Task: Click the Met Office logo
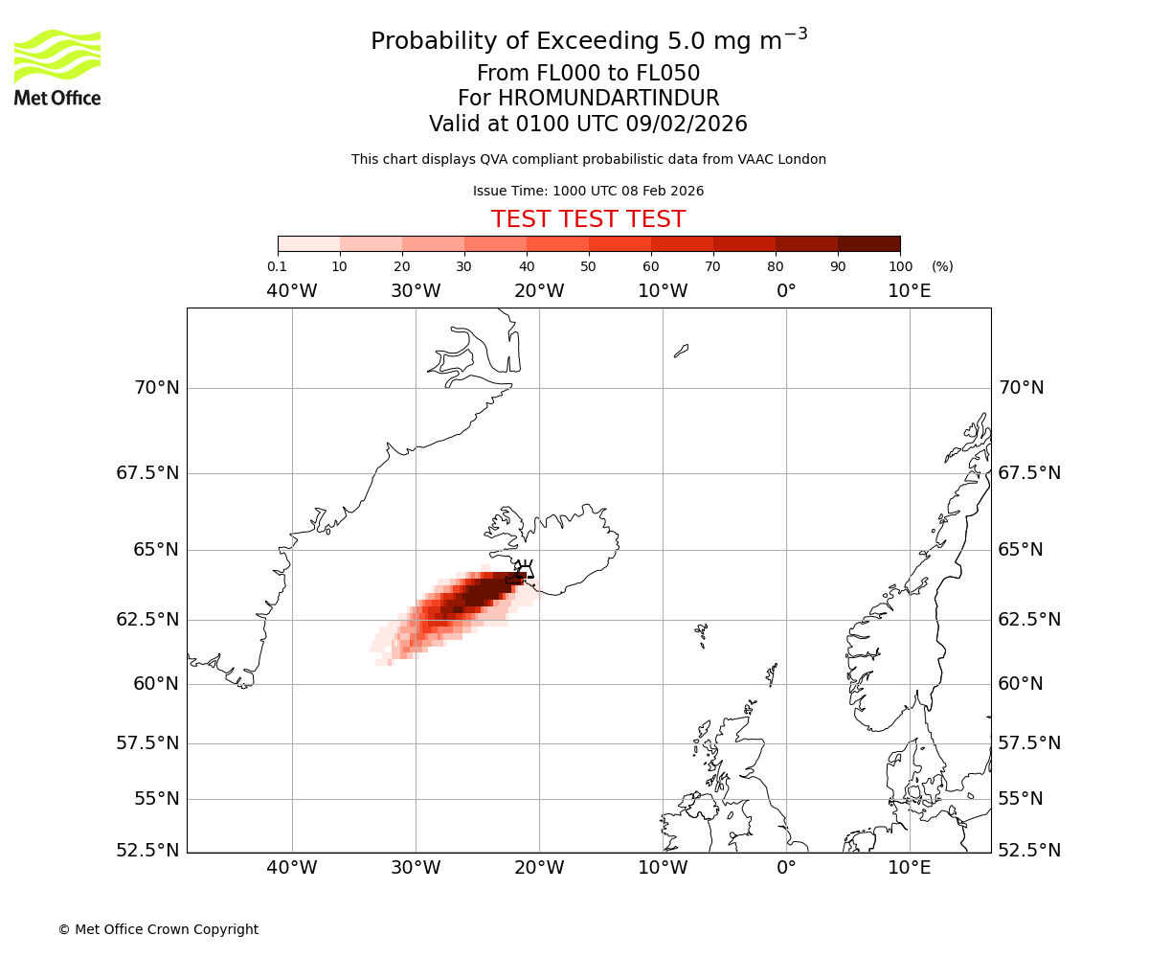click(x=57, y=67)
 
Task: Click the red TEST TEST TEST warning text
click(x=588, y=219)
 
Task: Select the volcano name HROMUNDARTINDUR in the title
click(x=608, y=99)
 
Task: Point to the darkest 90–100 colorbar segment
click(x=868, y=243)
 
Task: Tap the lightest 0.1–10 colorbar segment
click(x=308, y=243)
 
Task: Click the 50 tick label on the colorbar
click(x=588, y=266)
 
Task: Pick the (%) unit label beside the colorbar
click(x=942, y=266)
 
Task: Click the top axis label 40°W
click(x=291, y=291)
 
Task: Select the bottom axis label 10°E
click(x=909, y=868)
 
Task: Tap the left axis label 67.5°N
click(x=147, y=473)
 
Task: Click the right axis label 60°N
click(x=1022, y=684)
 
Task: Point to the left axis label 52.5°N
click(x=147, y=851)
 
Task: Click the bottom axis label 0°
click(x=786, y=868)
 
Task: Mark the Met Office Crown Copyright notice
click(x=158, y=929)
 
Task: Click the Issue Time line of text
click(x=588, y=191)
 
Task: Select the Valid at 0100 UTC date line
click(x=588, y=125)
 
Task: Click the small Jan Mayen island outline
click(x=681, y=351)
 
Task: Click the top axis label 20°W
click(x=538, y=291)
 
